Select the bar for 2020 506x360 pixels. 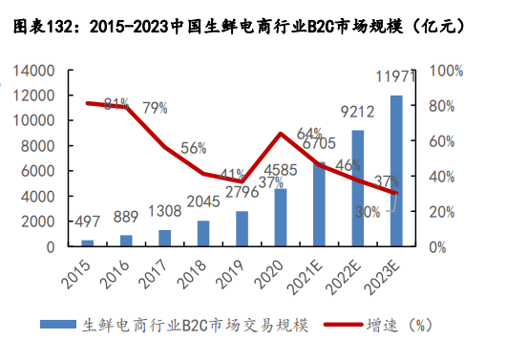click(281, 218)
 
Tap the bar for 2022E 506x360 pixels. click(358, 188)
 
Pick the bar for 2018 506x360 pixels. click(202, 234)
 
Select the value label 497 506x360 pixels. click(88, 222)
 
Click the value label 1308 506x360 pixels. click(164, 212)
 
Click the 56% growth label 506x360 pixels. click(194, 148)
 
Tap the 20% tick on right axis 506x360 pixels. click(442, 211)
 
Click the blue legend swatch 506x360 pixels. click(61, 325)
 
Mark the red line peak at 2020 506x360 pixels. click(281, 133)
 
